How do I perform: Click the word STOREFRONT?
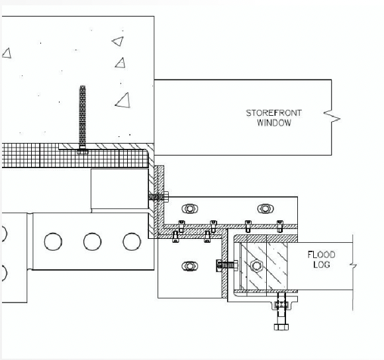[274, 113]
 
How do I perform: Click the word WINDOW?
[274, 122]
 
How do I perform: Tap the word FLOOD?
[321, 255]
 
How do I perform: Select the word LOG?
[322, 265]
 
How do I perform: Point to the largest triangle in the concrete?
[123, 100]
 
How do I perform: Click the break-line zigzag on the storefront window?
[332, 118]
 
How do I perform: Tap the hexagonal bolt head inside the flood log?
[256, 266]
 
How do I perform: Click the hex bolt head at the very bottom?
[281, 327]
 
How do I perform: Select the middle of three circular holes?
[92, 242]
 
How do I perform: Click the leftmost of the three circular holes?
[53, 242]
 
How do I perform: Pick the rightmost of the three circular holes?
[132, 242]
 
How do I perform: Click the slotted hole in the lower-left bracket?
[190, 266]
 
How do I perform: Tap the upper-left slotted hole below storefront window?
[190, 208]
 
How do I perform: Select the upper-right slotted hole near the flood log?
[265, 208]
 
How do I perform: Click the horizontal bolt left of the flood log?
[227, 265]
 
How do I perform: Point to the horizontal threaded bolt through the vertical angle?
[158, 197]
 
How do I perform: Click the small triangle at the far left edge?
[7, 54]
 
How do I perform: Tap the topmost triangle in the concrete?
[118, 41]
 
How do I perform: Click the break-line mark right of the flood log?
[353, 265]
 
